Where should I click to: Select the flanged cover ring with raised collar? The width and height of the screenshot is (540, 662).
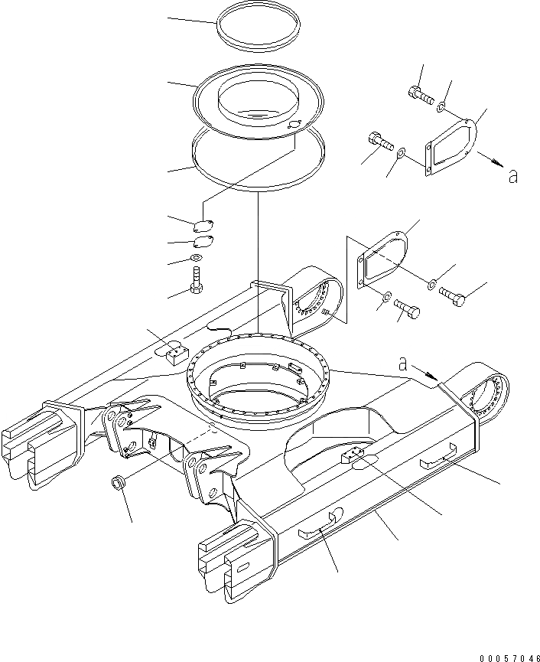pos(258,99)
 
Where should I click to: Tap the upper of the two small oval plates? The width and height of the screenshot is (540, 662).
pos(203,226)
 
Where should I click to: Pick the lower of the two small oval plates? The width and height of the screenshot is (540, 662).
pos(203,243)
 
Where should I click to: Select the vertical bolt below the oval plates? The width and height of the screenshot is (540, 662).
pos(197,279)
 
